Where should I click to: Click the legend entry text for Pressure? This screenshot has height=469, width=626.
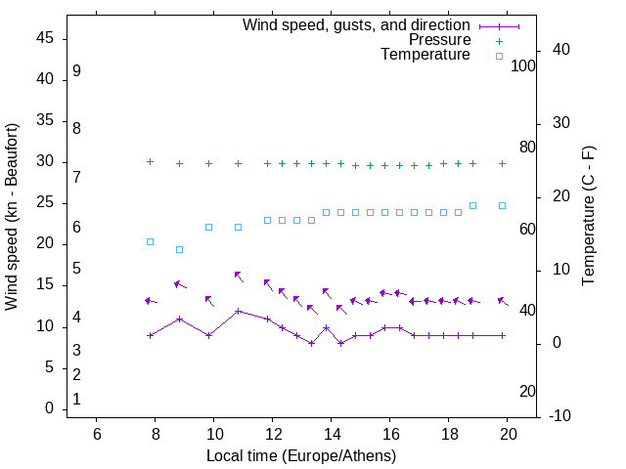pyautogui.click(x=439, y=40)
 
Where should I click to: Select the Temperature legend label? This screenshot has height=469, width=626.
pyautogui.click(x=425, y=56)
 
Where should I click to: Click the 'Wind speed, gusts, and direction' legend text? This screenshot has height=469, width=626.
pyautogui.click(x=357, y=24)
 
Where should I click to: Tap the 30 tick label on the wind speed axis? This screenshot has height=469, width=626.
pyautogui.click(x=45, y=162)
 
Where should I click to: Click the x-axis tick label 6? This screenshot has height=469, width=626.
pyautogui.click(x=97, y=435)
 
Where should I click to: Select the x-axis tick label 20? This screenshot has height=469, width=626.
pyautogui.click(x=508, y=435)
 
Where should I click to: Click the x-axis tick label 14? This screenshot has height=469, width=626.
pyautogui.click(x=332, y=435)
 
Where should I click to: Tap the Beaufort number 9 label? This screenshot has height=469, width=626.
pyautogui.click(x=76, y=72)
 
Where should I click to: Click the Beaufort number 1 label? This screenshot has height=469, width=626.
pyautogui.click(x=76, y=400)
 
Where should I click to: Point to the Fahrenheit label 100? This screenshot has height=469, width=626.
pyautogui.click(x=523, y=66)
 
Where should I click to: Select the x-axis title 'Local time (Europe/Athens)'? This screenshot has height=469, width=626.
pyautogui.click(x=301, y=455)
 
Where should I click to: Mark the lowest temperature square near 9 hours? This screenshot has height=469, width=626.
pyautogui.click(x=179, y=249)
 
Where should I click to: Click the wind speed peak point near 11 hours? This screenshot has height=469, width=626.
pyautogui.click(x=238, y=312)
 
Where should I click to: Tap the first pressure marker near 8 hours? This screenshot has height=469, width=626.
pyautogui.click(x=150, y=161)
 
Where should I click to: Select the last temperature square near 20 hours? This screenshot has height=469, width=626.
pyautogui.click(x=502, y=205)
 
